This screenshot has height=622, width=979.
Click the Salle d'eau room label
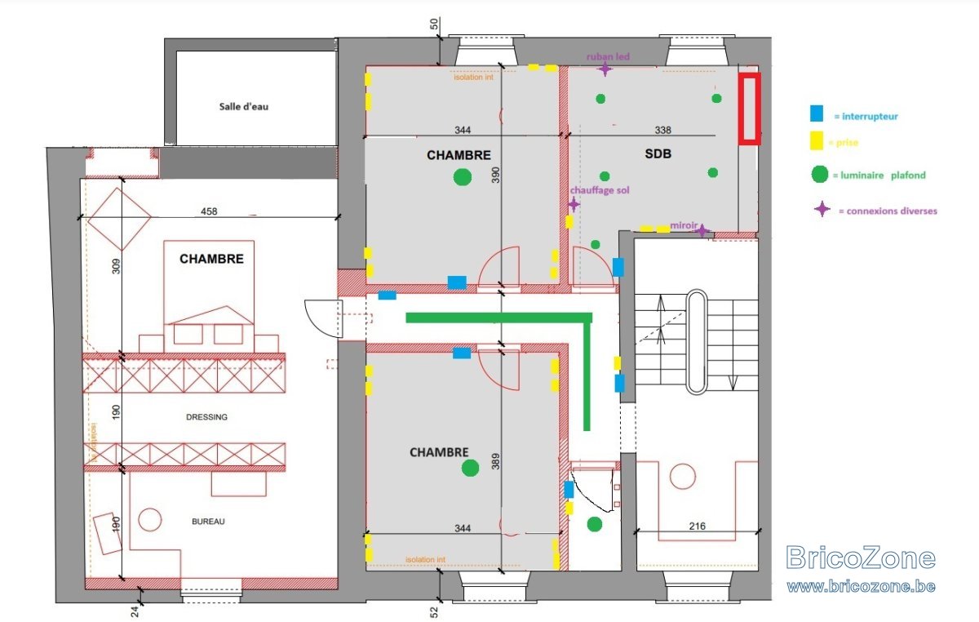tap(243, 106)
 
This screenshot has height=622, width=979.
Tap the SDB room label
tap(658, 153)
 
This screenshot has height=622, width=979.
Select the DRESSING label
tap(206, 417)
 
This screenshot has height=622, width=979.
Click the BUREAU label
tap(208, 522)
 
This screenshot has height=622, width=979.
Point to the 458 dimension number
tap(209, 211)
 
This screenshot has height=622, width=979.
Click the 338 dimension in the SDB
tap(662, 130)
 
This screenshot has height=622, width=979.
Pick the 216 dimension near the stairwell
tap(697, 526)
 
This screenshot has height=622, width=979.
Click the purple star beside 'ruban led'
tap(605, 69)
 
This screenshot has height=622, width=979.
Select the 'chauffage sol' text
tap(600, 190)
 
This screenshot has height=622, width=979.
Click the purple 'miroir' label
tap(684, 225)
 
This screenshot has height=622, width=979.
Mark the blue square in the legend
tap(817, 113)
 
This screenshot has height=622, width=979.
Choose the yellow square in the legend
tap(817, 141)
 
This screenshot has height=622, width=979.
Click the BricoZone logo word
tap(860, 558)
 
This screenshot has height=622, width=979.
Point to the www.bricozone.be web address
tap(861, 586)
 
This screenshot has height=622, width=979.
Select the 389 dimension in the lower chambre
tap(495, 461)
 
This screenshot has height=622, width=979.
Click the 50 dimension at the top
tap(434, 24)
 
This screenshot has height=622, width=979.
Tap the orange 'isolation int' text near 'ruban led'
tap(473, 77)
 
